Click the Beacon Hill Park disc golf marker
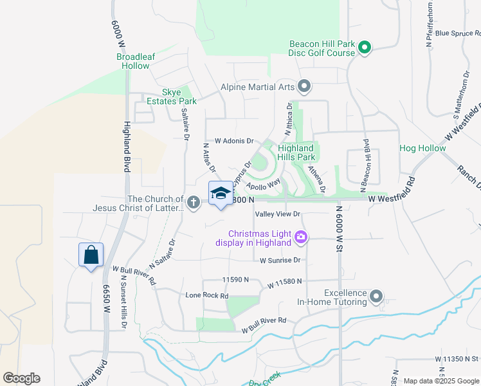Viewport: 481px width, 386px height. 364,47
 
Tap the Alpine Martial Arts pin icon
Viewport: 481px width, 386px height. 305,86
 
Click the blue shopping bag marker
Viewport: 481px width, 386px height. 91,255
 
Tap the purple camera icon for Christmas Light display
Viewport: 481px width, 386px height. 300,238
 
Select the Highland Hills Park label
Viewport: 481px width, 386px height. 296,152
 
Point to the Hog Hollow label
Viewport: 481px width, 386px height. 422,148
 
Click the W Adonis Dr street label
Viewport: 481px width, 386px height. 235,140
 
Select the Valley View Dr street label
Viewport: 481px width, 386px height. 278,214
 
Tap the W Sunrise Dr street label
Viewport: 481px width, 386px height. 280,260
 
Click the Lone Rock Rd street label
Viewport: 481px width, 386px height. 207,295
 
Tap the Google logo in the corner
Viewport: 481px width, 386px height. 21,378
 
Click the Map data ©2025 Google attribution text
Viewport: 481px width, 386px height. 440,381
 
